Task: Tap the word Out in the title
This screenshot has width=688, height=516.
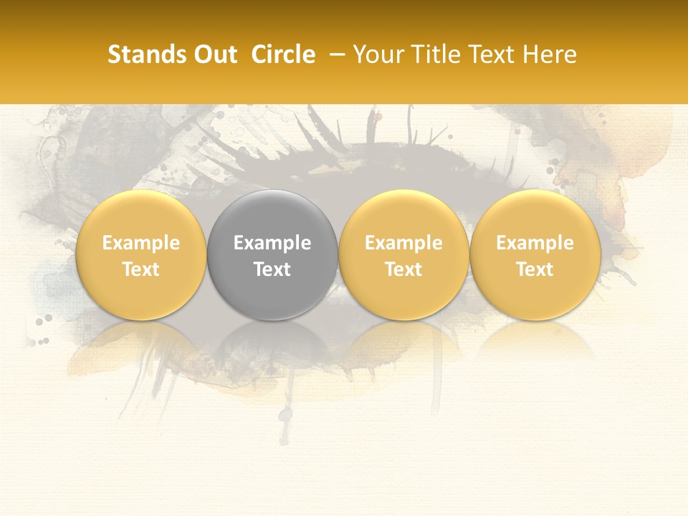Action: click(214, 54)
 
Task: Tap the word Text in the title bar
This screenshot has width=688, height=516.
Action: click(489, 54)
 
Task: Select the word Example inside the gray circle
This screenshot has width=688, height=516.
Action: click(272, 243)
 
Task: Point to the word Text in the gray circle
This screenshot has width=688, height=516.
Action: click(272, 269)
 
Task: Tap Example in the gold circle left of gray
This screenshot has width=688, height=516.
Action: click(140, 243)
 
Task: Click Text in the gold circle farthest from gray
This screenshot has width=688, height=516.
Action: click(535, 269)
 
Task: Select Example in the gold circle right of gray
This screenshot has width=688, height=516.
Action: click(403, 243)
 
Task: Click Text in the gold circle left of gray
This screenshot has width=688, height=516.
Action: click(140, 269)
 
